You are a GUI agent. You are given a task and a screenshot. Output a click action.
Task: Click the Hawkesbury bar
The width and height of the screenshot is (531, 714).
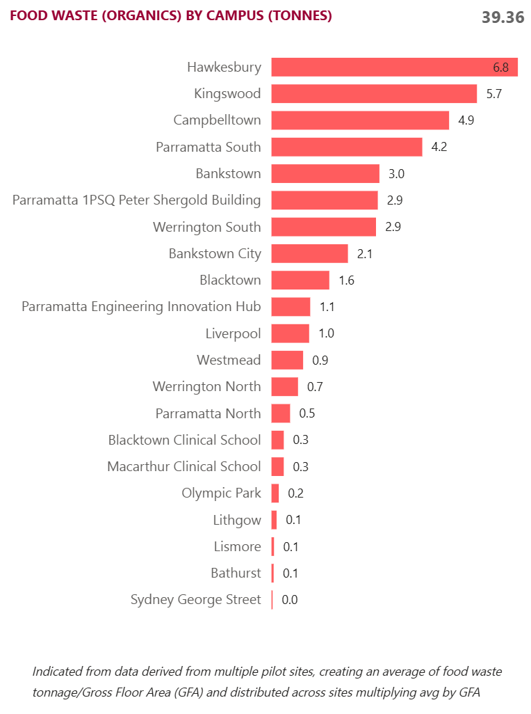(x=394, y=68)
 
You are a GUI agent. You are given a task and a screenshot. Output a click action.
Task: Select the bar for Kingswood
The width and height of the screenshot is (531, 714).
(x=374, y=94)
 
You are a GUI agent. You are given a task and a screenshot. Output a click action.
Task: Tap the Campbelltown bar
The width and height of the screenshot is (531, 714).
(x=360, y=120)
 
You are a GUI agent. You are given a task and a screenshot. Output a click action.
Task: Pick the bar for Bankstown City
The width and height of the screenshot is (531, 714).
(x=309, y=253)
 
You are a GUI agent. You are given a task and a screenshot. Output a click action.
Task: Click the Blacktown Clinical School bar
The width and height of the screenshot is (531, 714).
(x=277, y=440)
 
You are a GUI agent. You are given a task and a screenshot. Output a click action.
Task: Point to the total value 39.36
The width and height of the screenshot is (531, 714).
(x=503, y=17)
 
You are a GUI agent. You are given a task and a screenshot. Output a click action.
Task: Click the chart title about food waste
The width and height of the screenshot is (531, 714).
(x=170, y=15)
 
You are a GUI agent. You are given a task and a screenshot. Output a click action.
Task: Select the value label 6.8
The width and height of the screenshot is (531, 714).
(x=501, y=68)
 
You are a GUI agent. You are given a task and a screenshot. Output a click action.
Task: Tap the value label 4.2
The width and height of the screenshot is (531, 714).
(x=439, y=148)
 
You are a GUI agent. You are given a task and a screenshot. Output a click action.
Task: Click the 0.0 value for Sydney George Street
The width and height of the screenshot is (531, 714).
(x=290, y=600)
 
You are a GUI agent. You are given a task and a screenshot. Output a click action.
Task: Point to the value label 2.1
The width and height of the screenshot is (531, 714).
(x=365, y=254)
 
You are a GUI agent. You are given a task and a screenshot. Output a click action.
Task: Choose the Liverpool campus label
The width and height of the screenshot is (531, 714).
(x=234, y=333)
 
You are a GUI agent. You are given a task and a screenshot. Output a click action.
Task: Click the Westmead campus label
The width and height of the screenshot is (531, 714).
(x=229, y=360)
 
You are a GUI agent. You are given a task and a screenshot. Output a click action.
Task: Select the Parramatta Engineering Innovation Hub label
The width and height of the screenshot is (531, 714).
(x=141, y=306)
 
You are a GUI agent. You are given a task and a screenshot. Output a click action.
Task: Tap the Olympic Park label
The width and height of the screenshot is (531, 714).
(x=222, y=493)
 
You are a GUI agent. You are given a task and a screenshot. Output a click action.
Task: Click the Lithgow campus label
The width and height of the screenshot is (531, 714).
(x=237, y=520)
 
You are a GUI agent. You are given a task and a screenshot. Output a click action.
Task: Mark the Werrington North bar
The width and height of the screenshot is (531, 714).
(x=284, y=387)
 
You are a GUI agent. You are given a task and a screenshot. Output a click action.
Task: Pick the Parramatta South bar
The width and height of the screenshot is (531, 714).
(x=346, y=148)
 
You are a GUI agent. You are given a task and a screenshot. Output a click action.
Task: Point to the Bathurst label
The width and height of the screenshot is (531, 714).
(x=236, y=573)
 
